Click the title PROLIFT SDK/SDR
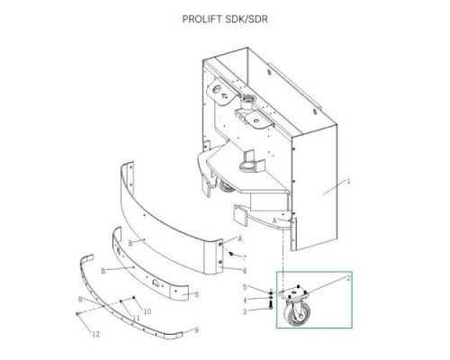click(225, 19)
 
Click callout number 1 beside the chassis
click(348, 181)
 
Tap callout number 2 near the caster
click(348, 278)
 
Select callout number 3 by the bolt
click(245, 311)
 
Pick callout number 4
click(245, 300)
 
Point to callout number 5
click(245, 287)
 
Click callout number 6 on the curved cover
click(245, 271)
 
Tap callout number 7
click(245, 258)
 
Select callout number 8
click(196, 294)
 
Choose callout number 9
click(196, 330)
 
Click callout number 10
click(148, 312)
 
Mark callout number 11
click(136, 318)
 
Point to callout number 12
click(95, 334)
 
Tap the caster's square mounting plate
click(293, 292)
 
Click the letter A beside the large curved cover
click(239, 238)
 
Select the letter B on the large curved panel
click(130, 243)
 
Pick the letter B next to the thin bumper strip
click(80, 299)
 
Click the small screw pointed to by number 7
click(231, 254)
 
